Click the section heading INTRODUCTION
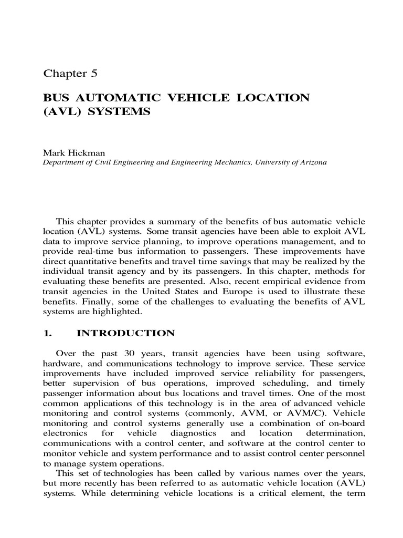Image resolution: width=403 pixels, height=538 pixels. pyautogui.click(x=125, y=333)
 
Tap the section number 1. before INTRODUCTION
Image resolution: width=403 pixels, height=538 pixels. pyautogui.click(x=47, y=333)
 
